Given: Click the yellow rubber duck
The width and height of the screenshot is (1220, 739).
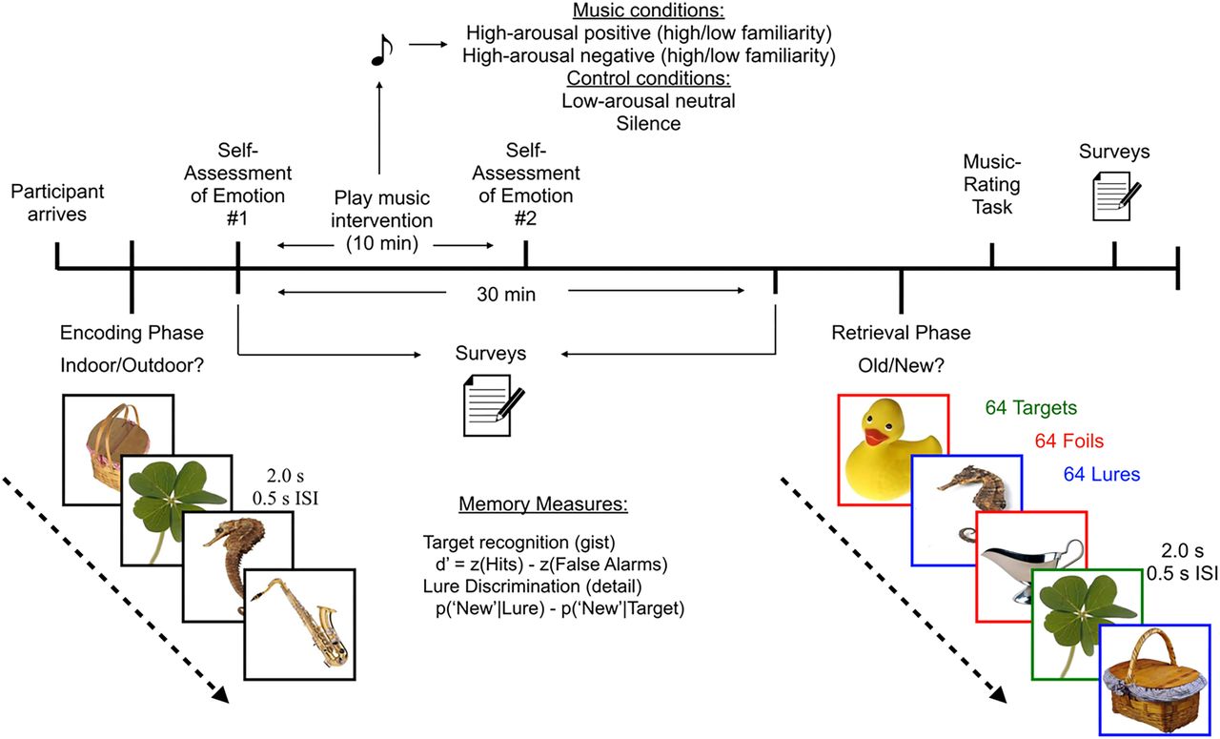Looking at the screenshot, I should (892, 448).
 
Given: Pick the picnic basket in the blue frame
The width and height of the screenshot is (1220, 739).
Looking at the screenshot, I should (1155, 682).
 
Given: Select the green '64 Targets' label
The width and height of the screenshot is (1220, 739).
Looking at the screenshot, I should (1031, 408).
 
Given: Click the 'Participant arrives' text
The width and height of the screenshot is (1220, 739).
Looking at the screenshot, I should (57, 202).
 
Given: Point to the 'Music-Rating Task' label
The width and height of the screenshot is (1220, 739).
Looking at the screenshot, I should (991, 185).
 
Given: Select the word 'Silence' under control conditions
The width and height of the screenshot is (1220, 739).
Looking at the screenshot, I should (648, 124).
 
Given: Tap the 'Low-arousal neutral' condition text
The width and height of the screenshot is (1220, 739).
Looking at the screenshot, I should (648, 100).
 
